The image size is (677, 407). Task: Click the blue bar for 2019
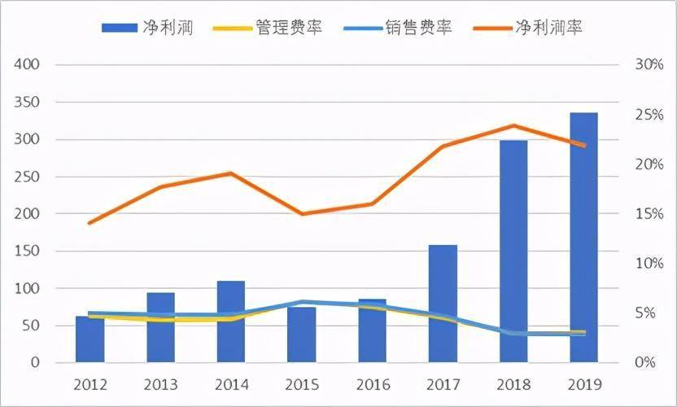[x=583, y=237]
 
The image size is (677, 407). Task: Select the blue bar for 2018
[x=513, y=252]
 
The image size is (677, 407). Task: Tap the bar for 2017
[x=443, y=304]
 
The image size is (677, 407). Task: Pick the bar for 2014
[x=231, y=322]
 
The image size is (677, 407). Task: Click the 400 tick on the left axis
[x=28, y=65]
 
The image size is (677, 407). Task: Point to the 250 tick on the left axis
[x=28, y=177]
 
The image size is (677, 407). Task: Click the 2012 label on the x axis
[x=90, y=383]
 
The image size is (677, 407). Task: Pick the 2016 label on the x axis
[x=372, y=383]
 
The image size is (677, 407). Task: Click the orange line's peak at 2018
[x=513, y=125]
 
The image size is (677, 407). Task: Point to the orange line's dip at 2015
[x=302, y=214]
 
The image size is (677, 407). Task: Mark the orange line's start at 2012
[x=90, y=223]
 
